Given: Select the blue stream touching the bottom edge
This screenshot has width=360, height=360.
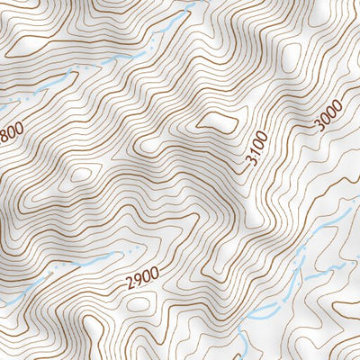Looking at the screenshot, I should [x=245, y=346].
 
